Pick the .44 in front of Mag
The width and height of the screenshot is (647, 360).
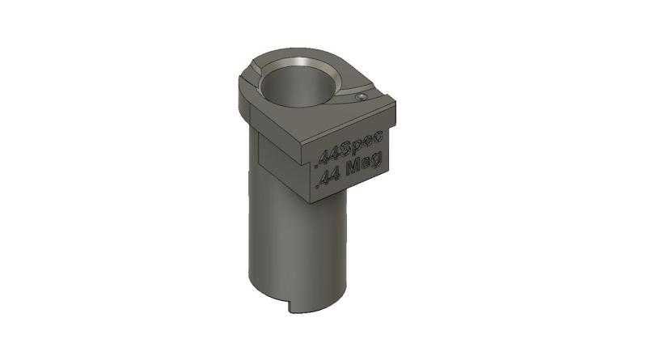tap(328, 176)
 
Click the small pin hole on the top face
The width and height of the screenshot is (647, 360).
tap(362, 95)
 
